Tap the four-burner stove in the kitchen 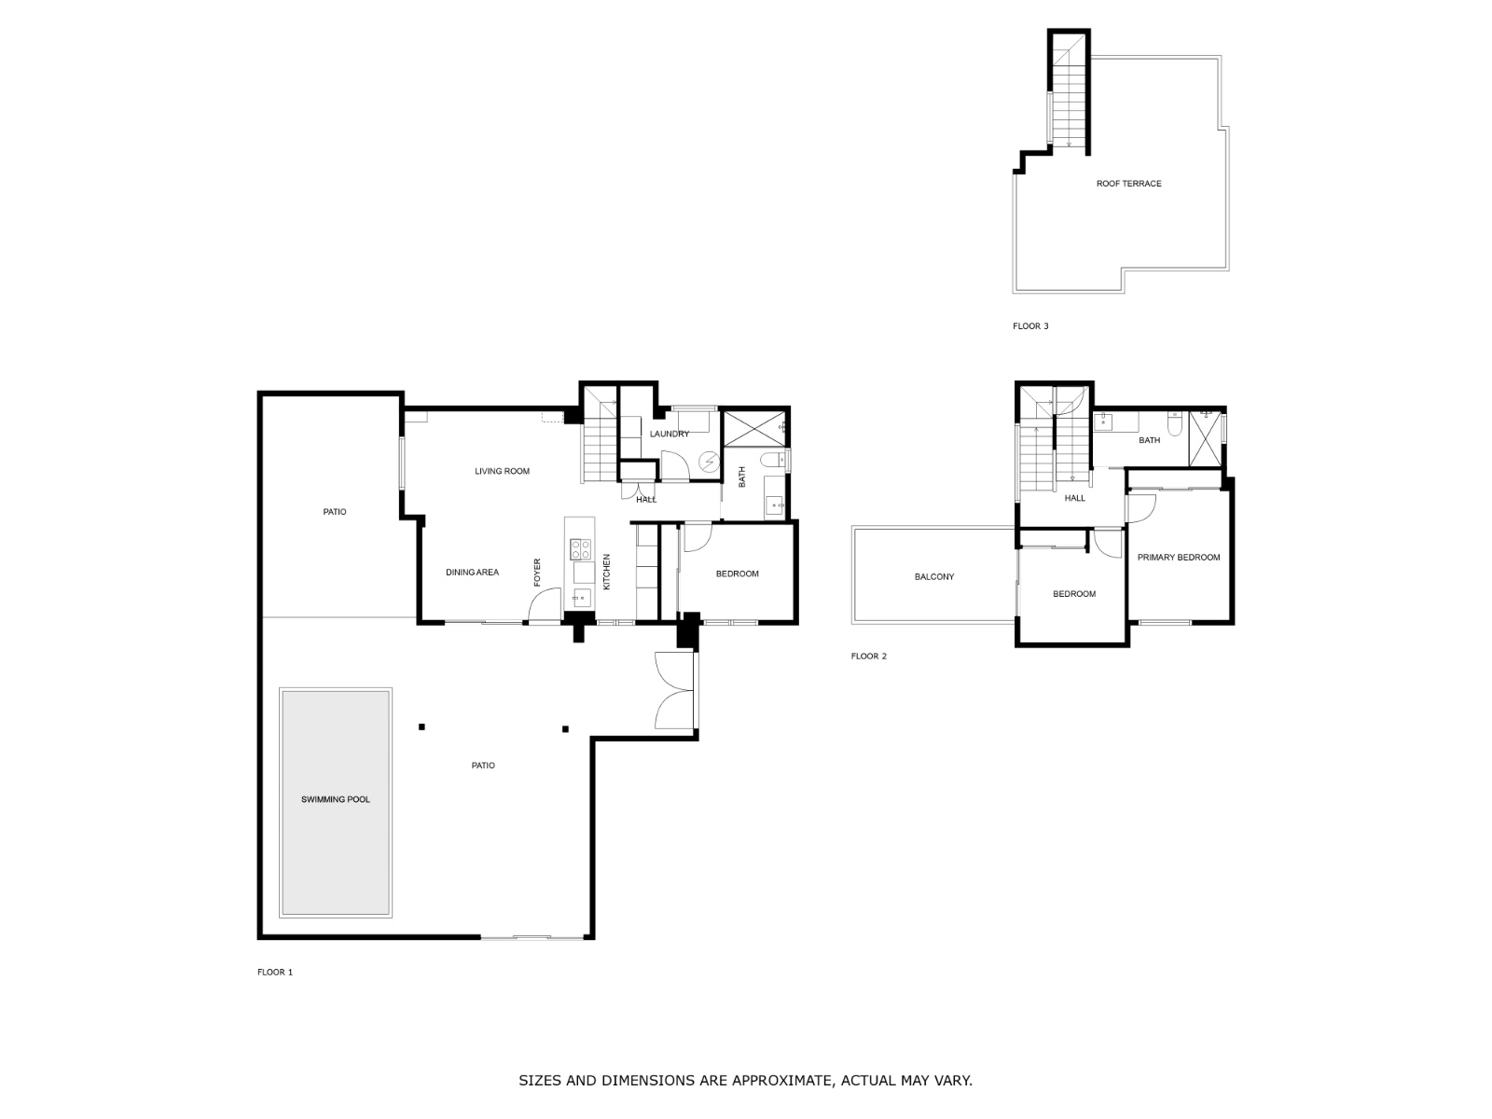(582, 549)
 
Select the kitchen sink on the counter (582, 598)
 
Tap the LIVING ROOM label (502, 471)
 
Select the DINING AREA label (472, 573)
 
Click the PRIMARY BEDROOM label (1178, 558)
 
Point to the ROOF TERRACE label (1128, 184)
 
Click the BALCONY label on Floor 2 (933, 577)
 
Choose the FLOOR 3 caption (1030, 326)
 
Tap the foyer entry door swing (544, 606)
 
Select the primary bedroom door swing (1141, 508)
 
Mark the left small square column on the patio (421, 726)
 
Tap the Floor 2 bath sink (1105, 422)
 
